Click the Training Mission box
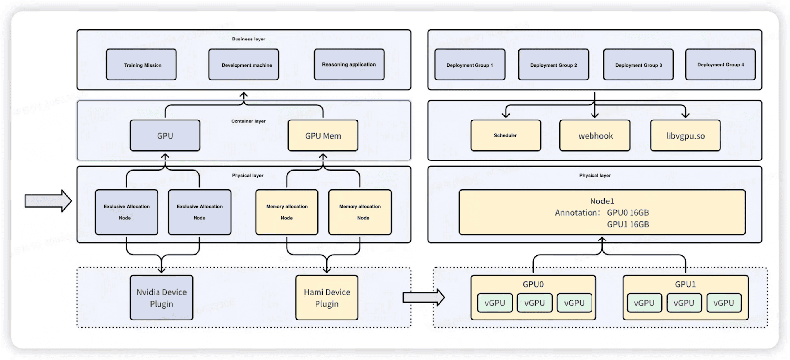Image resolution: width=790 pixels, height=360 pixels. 141,65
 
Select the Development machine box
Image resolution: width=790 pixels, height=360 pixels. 244,65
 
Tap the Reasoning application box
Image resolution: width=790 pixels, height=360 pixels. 349,64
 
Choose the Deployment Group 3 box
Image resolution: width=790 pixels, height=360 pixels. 638,65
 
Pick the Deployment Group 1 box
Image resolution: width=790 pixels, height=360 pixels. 470,65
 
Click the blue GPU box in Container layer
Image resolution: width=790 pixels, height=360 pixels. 165,136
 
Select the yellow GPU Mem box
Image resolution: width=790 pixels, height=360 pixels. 323,136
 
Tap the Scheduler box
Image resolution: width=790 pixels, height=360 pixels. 506,135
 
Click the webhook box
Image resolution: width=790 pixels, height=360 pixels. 595,136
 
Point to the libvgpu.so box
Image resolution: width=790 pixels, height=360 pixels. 685,136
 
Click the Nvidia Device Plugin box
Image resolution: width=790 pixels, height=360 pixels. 161,298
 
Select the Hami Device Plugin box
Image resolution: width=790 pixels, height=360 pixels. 327,298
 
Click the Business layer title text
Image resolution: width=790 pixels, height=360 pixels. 248,39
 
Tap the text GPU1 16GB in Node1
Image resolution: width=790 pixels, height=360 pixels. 628,224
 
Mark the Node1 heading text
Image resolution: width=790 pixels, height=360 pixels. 602,201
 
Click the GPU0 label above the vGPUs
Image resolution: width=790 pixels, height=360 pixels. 533,284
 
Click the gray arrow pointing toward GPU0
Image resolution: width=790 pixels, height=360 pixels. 424,297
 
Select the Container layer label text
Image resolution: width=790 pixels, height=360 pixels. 248,121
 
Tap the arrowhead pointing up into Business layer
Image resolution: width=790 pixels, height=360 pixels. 244,95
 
